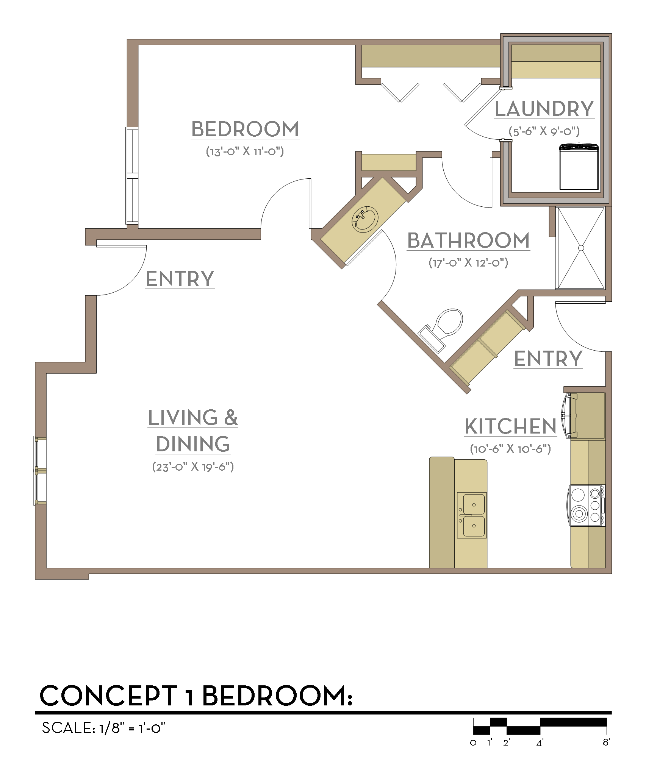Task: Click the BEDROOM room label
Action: coord(245,129)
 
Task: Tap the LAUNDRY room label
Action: coord(544,109)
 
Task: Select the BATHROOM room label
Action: coord(469,240)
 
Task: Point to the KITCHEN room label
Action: coord(511,426)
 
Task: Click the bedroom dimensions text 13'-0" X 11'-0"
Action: coord(245,151)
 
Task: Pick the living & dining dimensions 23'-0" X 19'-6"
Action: coord(193,466)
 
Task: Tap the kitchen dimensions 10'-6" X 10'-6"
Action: coord(510,449)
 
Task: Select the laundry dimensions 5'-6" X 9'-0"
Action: coord(544,131)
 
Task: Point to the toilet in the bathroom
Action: coord(442,330)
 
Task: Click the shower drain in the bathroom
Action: coord(581,248)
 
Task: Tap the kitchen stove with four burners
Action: coord(587,505)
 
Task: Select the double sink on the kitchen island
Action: coord(472,515)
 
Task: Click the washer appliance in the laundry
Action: coord(579,166)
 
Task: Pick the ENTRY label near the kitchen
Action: coord(548,359)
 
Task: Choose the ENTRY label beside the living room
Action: coord(180,279)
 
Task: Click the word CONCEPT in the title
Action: coord(109,696)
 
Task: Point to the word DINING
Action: coord(193,444)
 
